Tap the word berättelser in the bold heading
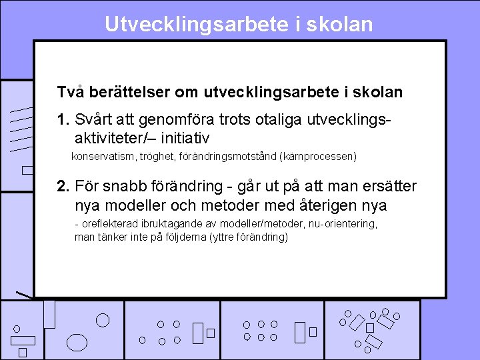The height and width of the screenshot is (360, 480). pyautogui.click(x=125, y=92)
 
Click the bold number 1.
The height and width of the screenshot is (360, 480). pyautogui.click(x=64, y=120)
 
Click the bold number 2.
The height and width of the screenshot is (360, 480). pyautogui.click(x=64, y=186)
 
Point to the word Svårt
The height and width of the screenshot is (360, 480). pyautogui.click(x=95, y=120)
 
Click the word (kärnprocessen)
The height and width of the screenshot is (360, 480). pyautogui.click(x=320, y=157)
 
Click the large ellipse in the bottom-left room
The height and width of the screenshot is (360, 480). pyautogui.click(x=78, y=341)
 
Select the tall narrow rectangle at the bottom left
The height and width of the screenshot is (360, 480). pyautogui.click(x=49, y=314)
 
